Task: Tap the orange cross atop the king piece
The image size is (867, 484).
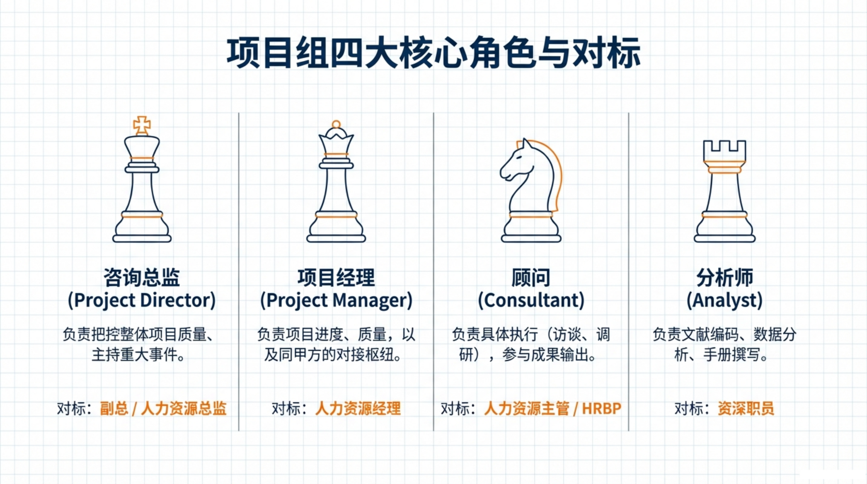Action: coord(142,125)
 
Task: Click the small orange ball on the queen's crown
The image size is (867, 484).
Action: coord(336,124)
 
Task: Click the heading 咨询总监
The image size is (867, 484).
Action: coord(142,278)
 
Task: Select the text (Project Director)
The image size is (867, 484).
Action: coord(142,300)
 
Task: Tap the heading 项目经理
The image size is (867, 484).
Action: coord(336,278)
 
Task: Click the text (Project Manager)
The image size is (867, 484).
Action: coord(336,300)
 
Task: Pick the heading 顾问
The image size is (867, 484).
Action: coord(531,278)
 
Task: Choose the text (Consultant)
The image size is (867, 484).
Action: coord(531,300)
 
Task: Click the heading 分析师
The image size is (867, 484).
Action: coord(725,278)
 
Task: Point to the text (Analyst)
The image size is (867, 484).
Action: coord(725,300)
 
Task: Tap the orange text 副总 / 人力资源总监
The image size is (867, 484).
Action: coord(163,409)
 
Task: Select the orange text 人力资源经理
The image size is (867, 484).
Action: coord(358,409)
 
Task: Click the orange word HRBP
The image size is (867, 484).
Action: coord(601,409)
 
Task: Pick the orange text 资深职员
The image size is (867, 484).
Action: coord(746,409)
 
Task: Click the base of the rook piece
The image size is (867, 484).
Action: coord(725,239)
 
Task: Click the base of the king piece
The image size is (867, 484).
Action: coord(142,239)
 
